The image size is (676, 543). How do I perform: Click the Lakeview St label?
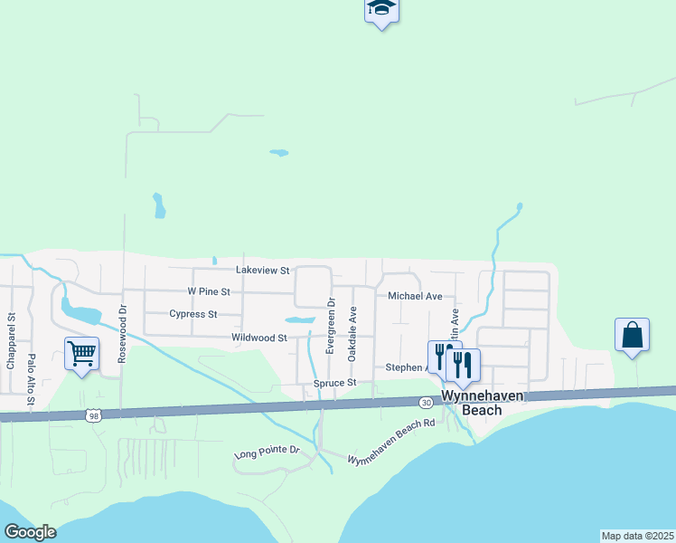pos(261,271)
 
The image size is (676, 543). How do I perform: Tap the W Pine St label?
pos(209,292)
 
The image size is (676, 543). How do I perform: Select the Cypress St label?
pos(193,315)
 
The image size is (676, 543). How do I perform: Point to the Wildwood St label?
pos(258,338)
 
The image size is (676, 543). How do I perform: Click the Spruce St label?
pos(336,384)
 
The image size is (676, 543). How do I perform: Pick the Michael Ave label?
pos(415,296)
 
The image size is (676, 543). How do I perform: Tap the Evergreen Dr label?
pos(331,326)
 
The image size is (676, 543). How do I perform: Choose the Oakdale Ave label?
pos(353,333)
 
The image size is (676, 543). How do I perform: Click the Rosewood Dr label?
pos(123,333)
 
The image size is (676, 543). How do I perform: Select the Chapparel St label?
pos(12,341)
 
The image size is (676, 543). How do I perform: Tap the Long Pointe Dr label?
pos(267,451)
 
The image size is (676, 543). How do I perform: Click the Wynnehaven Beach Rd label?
pos(391,448)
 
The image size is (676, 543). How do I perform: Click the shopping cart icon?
pos(81,354)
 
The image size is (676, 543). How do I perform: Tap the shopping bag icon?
pos(632,335)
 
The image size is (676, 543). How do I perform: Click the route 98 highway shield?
pos(93,415)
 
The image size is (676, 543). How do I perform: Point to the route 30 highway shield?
pos(425,401)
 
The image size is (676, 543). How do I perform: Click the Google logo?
pos(30,532)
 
